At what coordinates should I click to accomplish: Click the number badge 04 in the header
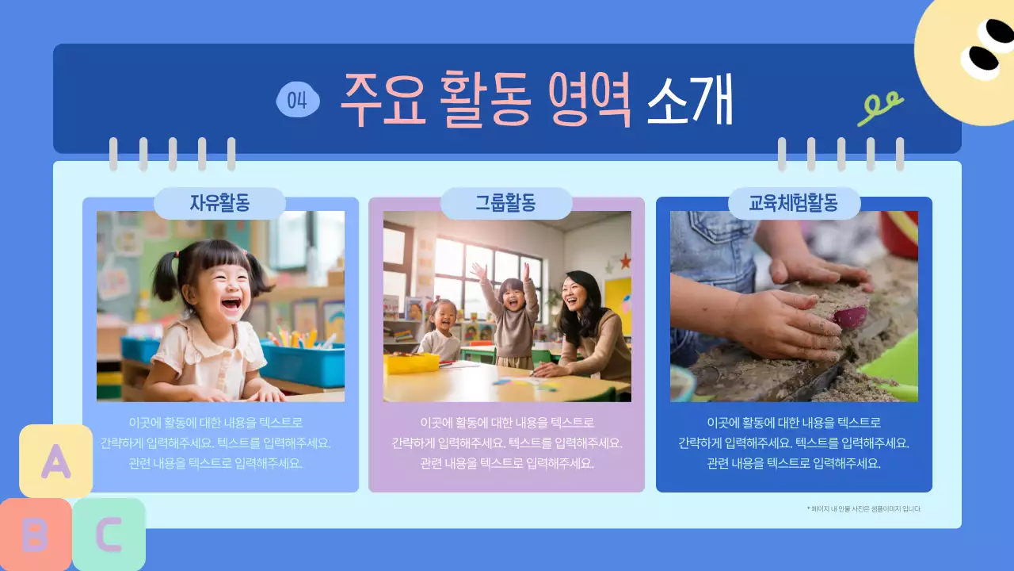pyautogui.click(x=298, y=100)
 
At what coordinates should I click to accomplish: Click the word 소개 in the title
pyautogui.click(x=689, y=100)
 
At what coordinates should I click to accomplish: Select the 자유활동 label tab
pyautogui.click(x=219, y=204)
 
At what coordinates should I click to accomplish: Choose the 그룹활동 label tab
pyautogui.click(x=505, y=204)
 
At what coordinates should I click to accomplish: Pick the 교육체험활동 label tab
pyautogui.click(x=794, y=204)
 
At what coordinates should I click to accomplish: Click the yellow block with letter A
pyautogui.click(x=55, y=461)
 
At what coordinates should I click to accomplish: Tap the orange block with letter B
pyautogui.click(x=34, y=535)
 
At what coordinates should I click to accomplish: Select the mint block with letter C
pyautogui.click(x=109, y=535)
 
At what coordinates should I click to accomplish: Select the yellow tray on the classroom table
pyautogui.click(x=411, y=362)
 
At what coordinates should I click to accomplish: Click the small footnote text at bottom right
pyautogui.click(x=863, y=508)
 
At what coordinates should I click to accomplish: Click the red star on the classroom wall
pyautogui.click(x=625, y=259)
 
